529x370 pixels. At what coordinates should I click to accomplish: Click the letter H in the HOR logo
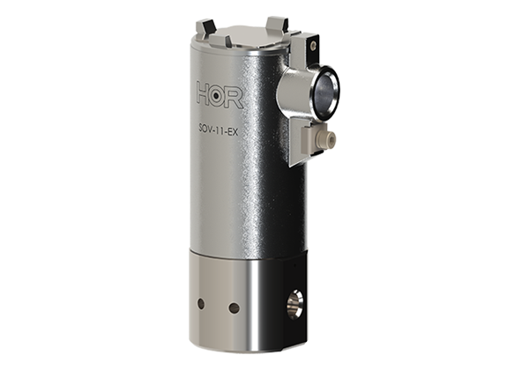click(x=205, y=95)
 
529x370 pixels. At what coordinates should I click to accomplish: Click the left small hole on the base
click(x=201, y=304)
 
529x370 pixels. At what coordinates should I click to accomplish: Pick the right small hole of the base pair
click(x=234, y=307)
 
